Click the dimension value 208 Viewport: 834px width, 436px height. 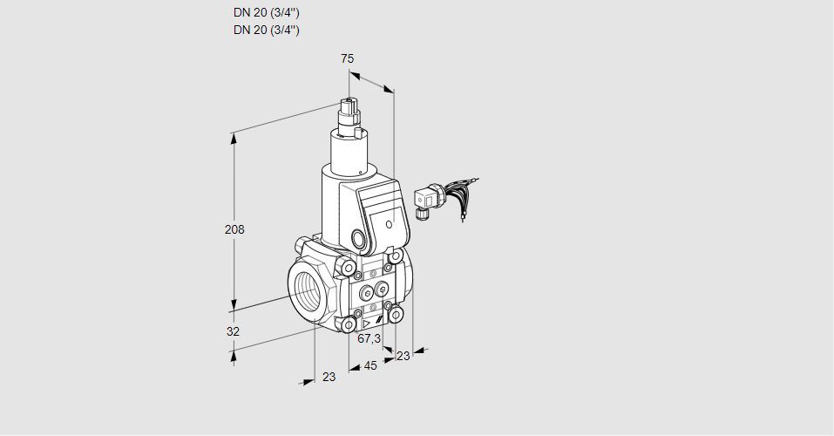tap(234, 230)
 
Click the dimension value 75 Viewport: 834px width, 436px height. tap(347, 58)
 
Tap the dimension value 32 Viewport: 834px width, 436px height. tap(233, 331)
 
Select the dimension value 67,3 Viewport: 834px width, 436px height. tap(370, 338)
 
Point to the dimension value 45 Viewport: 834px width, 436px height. tap(370, 365)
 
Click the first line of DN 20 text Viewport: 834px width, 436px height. tap(267, 13)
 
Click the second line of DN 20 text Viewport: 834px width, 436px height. tap(267, 30)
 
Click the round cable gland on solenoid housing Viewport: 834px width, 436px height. tap(359, 238)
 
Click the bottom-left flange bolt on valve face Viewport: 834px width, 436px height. tap(349, 324)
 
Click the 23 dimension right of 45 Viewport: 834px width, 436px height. tap(403, 356)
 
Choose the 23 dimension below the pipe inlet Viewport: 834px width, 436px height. tap(329, 377)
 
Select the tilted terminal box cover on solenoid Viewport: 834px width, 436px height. tap(383, 210)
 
